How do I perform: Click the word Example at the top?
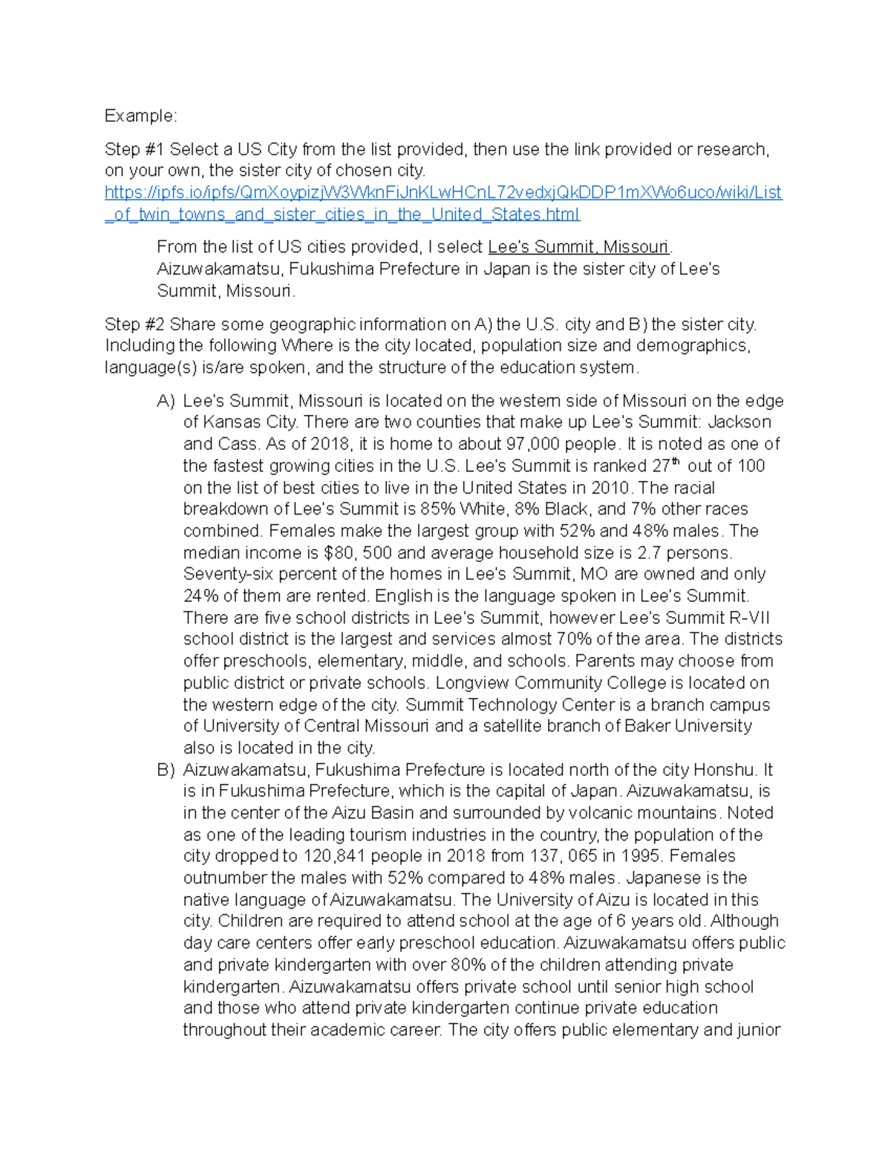click(140, 116)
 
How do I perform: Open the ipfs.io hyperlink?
click(443, 193)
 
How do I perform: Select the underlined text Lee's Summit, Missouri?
click(578, 247)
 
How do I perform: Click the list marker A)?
click(166, 401)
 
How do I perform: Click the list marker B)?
click(166, 770)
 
